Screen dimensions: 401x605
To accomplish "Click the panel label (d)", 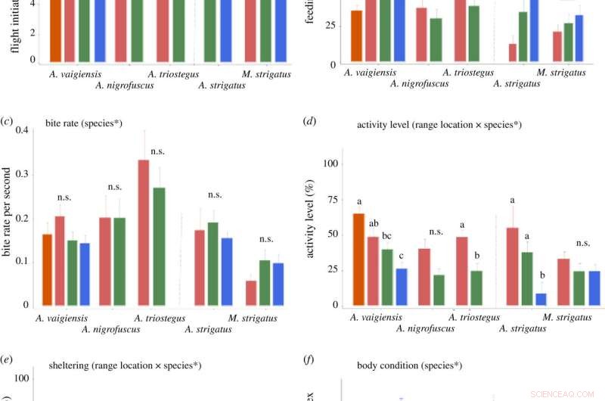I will point(307,121).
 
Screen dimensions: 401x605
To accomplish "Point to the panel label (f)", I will point(306,365).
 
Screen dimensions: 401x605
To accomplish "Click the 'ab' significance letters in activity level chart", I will point(374,223).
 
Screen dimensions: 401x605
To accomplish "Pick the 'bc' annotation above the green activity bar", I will point(386,236).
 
